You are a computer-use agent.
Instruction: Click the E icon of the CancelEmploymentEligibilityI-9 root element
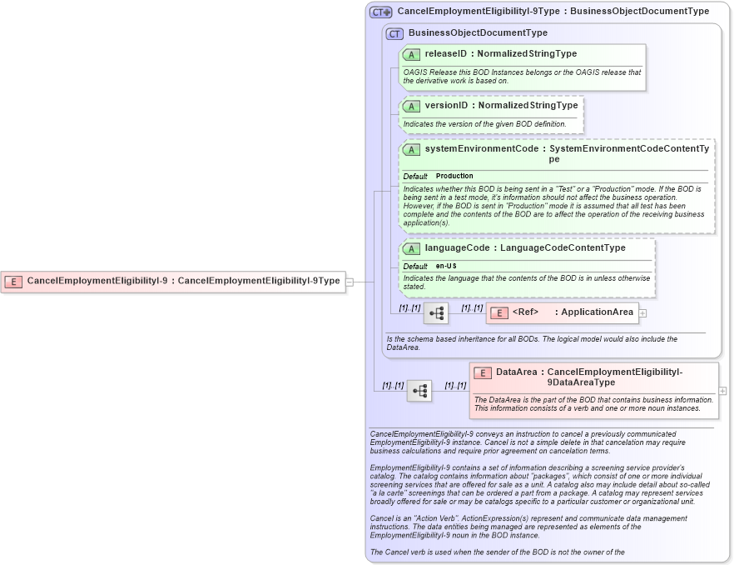coord(13,282)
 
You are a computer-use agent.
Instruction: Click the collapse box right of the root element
coord(350,282)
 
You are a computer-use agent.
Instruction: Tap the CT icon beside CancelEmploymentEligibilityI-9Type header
coord(381,12)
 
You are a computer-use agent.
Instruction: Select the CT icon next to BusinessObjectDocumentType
coord(394,33)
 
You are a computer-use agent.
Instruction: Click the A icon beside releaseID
coord(411,54)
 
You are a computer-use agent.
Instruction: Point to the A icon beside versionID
coord(411,107)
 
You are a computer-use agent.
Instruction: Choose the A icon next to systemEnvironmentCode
coord(411,149)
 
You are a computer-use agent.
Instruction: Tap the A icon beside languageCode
coord(411,248)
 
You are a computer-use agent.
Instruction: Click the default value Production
coord(454,177)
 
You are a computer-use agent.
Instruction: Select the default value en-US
coord(446,266)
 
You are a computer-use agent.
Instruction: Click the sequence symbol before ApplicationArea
coord(436,313)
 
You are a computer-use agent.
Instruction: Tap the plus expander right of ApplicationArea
coord(642,312)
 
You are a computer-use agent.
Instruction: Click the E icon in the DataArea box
coord(483,372)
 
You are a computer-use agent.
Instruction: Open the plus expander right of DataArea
coord(722,390)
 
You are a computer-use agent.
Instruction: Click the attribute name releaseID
coord(445,54)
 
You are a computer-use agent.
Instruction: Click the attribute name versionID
coord(446,106)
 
